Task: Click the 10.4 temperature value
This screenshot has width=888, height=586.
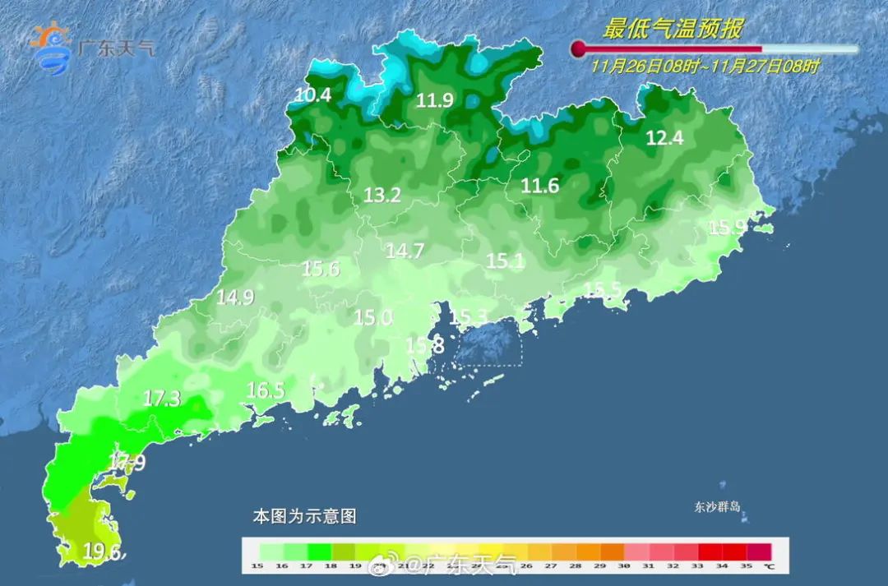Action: coord(312,95)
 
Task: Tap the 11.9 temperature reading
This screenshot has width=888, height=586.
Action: coord(434,101)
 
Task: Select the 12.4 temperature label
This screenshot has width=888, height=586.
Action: coord(664,138)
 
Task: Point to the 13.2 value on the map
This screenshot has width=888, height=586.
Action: coord(382,196)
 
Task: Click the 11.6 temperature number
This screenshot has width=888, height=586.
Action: coord(540,187)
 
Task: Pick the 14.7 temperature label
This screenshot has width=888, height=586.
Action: coord(405,251)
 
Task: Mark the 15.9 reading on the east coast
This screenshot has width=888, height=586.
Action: coord(728,228)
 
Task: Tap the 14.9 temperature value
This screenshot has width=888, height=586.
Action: coord(235,298)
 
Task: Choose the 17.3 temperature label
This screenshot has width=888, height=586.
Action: coord(161,399)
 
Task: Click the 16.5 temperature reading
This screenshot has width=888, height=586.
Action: coord(266,390)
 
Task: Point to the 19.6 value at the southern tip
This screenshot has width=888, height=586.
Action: coord(103,551)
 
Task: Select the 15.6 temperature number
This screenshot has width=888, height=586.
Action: coord(321,268)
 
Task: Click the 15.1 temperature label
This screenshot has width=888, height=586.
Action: coord(506,261)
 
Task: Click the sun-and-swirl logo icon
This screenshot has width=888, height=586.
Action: coord(51,48)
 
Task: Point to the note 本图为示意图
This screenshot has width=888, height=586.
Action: coord(304,517)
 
